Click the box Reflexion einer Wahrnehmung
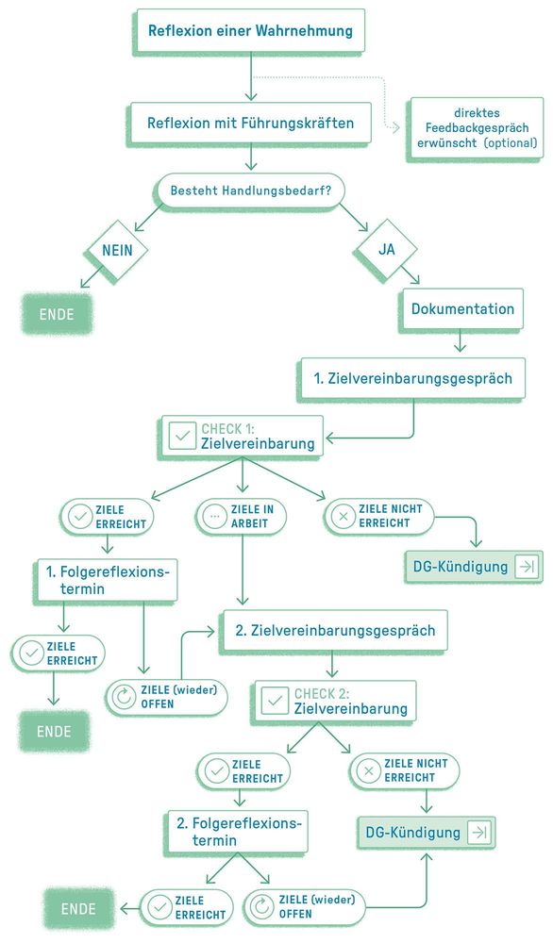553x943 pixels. click(x=250, y=31)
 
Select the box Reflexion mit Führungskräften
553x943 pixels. click(x=251, y=123)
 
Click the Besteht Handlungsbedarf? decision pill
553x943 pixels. click(x=250, y=190)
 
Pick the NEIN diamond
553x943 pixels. click(x=117, y=250)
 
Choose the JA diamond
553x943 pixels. click(x=386, y=250)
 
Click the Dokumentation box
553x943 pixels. click(x=462, y=308)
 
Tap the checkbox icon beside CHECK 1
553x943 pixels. click(x=181, y=436)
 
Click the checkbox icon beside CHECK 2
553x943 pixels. click(x=275, y=701)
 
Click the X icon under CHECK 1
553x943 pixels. click(x=344, y=517)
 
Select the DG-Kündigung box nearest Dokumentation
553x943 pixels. click(x=474, y=567)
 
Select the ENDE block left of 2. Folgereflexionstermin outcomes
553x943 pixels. click(x=78, y=909)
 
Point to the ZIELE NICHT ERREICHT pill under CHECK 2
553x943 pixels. click(x=404, y=770)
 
